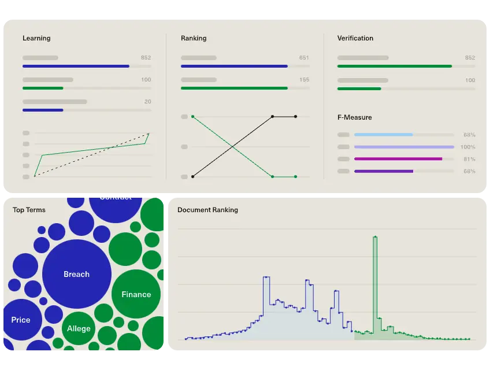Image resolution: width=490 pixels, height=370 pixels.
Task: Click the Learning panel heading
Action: pos(36,38)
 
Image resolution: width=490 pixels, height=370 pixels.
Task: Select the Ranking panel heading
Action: pos(194,38)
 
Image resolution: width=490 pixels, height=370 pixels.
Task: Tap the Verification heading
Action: pos(355,38)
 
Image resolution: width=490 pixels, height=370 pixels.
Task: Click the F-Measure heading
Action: pos(355,117)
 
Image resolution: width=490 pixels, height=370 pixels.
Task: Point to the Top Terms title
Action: pos(29,210)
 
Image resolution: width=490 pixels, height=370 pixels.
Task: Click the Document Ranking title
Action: pos(207,210)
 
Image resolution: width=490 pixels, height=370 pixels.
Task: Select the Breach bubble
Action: pos(77,274)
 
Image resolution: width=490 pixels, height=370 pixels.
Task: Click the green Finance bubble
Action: pos(136,294)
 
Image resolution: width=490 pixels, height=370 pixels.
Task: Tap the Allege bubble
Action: pos(79,328)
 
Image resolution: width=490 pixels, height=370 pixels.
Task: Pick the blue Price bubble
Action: pos(21,319)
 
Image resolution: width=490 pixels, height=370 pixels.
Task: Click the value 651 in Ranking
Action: pos(304,58)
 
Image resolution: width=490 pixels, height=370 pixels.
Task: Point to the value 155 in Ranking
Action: pos(304,80)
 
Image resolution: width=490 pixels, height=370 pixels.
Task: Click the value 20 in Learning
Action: pos(147,102)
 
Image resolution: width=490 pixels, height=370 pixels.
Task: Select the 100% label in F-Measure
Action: pos(467,147)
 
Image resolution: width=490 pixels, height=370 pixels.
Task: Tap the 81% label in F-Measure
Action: pos(469,159)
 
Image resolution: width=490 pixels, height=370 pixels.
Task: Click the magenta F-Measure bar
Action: pos(398,159)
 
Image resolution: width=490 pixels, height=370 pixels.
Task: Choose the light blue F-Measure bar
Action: pos(383,135)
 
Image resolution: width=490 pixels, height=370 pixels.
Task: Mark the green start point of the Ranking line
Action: pos(192,117)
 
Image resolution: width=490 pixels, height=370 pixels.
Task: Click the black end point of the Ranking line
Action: pos(295,117)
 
